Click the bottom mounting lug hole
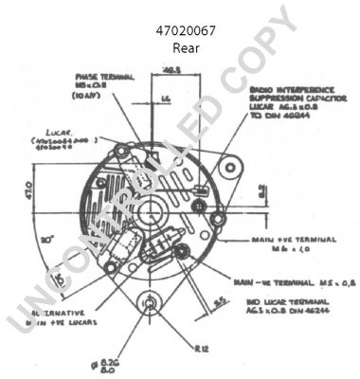pos(150,303)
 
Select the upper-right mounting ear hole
pos(227,166)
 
